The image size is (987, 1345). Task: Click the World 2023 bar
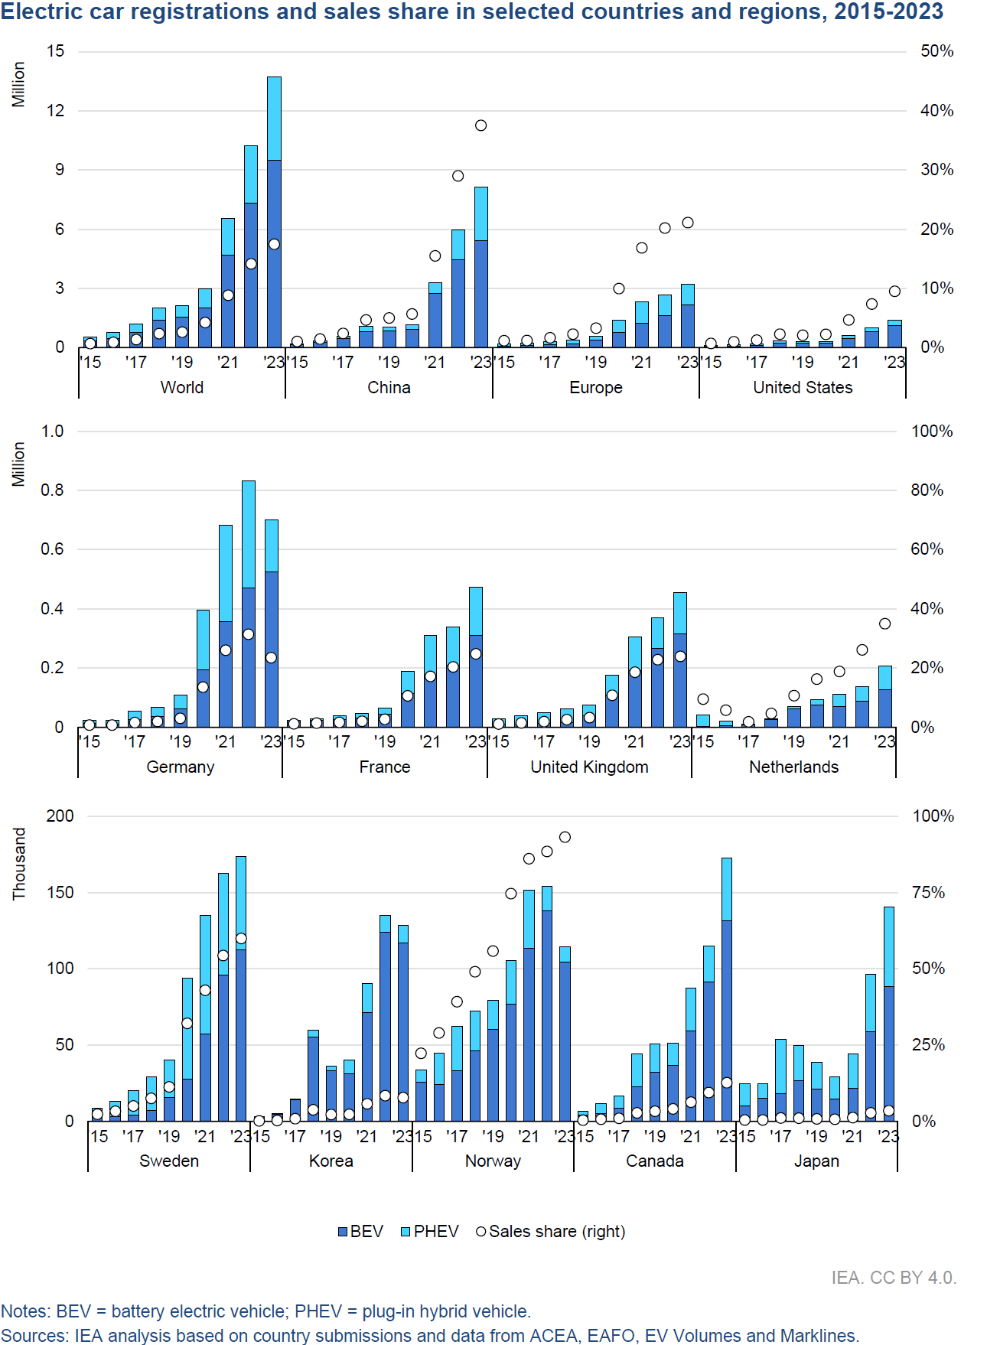(274, 214)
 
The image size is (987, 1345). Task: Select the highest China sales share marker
(480, 125)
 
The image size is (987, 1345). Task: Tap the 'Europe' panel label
(595, 388)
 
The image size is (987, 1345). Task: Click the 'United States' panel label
(803, 388)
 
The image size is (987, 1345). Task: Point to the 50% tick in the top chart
(937, 51)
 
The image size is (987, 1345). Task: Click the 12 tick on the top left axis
(56, 111)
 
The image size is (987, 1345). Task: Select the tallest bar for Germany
(249, 604)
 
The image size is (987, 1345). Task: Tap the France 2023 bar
(476, 658)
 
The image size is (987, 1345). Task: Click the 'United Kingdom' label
(589, 767)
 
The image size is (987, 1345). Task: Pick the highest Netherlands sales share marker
(884, 624)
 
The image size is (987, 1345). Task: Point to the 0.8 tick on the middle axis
(53, 490)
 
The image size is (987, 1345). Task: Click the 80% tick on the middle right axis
(927, 490)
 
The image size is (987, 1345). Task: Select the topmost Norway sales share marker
(565, 837)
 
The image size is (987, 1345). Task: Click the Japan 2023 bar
(889, 1014)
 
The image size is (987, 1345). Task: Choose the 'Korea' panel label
(331, 1161)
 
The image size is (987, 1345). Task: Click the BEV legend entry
(360, 1232)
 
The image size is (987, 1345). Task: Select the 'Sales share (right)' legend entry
(551, 1232)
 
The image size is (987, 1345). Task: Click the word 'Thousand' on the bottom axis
(19, 864)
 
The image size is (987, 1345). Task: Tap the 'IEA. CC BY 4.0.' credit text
(894, 1278)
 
